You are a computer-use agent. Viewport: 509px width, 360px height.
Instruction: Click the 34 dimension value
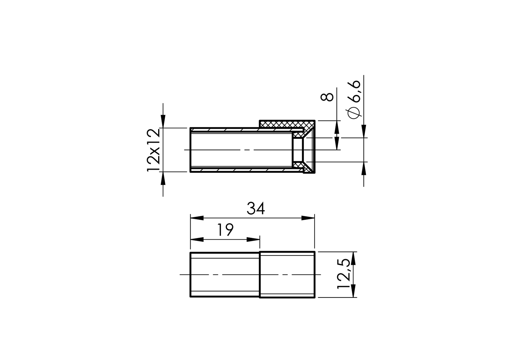[x=256, y=209]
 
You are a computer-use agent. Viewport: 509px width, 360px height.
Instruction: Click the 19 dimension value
[x=225, y=230]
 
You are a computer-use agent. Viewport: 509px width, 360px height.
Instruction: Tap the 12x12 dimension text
[x=153, y=150]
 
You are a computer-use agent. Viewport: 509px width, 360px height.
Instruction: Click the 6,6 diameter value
[x=354, y=91]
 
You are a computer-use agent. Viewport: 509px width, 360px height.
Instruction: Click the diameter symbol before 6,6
[x=354, y=113]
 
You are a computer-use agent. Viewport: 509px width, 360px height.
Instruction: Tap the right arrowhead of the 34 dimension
[x=308, y=218]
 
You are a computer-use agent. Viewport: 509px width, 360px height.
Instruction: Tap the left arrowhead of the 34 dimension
[x=197, y=218]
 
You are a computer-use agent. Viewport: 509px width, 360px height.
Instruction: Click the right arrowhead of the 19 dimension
[x=253, y=239]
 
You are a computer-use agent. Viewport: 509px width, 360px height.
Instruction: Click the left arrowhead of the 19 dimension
[x=197, y=239]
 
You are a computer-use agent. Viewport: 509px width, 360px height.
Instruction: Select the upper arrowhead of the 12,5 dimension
[x=353, y=258]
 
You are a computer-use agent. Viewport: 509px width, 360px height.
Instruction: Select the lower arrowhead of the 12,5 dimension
[x=353, y=291]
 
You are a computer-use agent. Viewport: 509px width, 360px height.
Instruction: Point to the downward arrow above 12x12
[x=163, y=122]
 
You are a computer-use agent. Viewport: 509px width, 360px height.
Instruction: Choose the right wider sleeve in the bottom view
[x=287, y=275]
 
